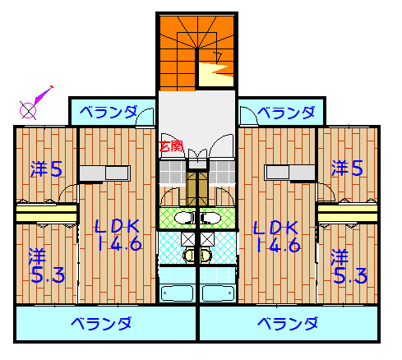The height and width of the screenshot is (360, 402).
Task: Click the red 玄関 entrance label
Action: (171, 146)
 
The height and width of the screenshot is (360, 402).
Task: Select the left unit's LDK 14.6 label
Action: (118, 235)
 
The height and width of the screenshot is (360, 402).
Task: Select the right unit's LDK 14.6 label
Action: (277, 237)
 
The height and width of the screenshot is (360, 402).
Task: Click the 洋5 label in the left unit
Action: (47, 168)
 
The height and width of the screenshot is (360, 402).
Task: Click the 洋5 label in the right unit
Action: (347, 168)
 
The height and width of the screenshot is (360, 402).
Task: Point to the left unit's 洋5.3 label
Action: (47, 265)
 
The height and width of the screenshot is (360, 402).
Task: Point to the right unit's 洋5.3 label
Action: (349, 266)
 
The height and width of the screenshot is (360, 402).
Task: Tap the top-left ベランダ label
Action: (109, 112)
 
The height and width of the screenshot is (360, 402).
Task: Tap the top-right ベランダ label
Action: (286, 113)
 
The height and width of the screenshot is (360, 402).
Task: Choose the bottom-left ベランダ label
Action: (101, 323)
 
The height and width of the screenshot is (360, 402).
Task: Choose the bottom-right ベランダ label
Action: (288, 323)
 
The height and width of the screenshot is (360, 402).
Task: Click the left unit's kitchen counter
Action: (104, 173)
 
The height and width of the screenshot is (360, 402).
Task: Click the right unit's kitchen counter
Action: (289, 173)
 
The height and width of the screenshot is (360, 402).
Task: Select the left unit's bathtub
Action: (177, 293)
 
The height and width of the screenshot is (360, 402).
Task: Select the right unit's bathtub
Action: (218, 293)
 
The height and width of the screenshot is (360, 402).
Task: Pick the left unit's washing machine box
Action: (188, 239)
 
